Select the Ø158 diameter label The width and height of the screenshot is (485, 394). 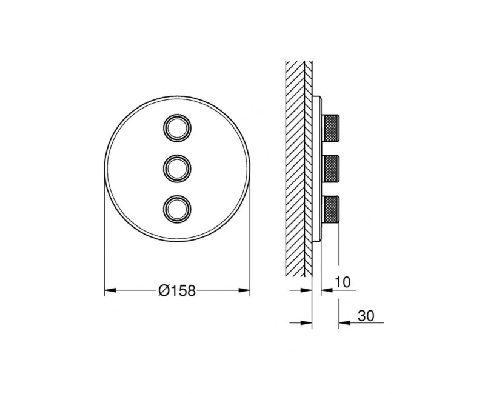tap(177, 291)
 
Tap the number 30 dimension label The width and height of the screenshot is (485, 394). tap(366, 315)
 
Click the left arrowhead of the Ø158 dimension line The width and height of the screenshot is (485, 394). tap(109, 291)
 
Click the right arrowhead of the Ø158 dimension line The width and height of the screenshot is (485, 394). tap(245, 291)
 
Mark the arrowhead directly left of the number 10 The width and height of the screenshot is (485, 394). tap(325, 290)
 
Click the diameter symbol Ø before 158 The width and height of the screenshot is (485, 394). tap(162, 291)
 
